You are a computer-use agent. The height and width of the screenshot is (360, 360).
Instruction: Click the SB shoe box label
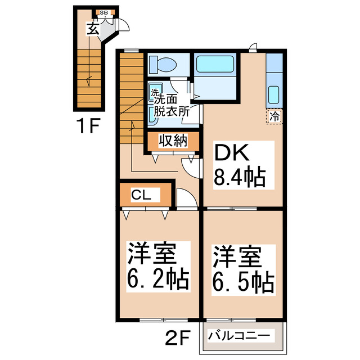click(103, 12)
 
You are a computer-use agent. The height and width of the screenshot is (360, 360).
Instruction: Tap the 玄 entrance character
click(93, 28)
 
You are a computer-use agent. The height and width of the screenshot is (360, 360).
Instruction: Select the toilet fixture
click(164, 64)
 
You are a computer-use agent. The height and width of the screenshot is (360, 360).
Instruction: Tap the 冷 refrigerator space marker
click(274, 117)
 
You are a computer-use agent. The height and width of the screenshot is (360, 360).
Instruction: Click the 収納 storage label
click(172, 141)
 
